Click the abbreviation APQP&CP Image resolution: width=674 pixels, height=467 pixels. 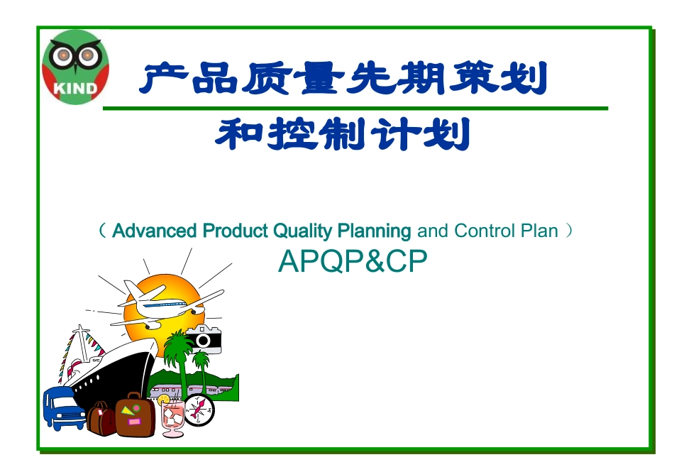tap(353, 262)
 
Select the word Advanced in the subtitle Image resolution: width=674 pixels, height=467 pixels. tap(154, 231)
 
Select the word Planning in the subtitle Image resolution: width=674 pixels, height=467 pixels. tap(374, 231)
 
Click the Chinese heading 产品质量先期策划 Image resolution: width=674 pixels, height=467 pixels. tap(343, 79)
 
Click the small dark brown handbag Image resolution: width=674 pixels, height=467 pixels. tap(101, 419)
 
